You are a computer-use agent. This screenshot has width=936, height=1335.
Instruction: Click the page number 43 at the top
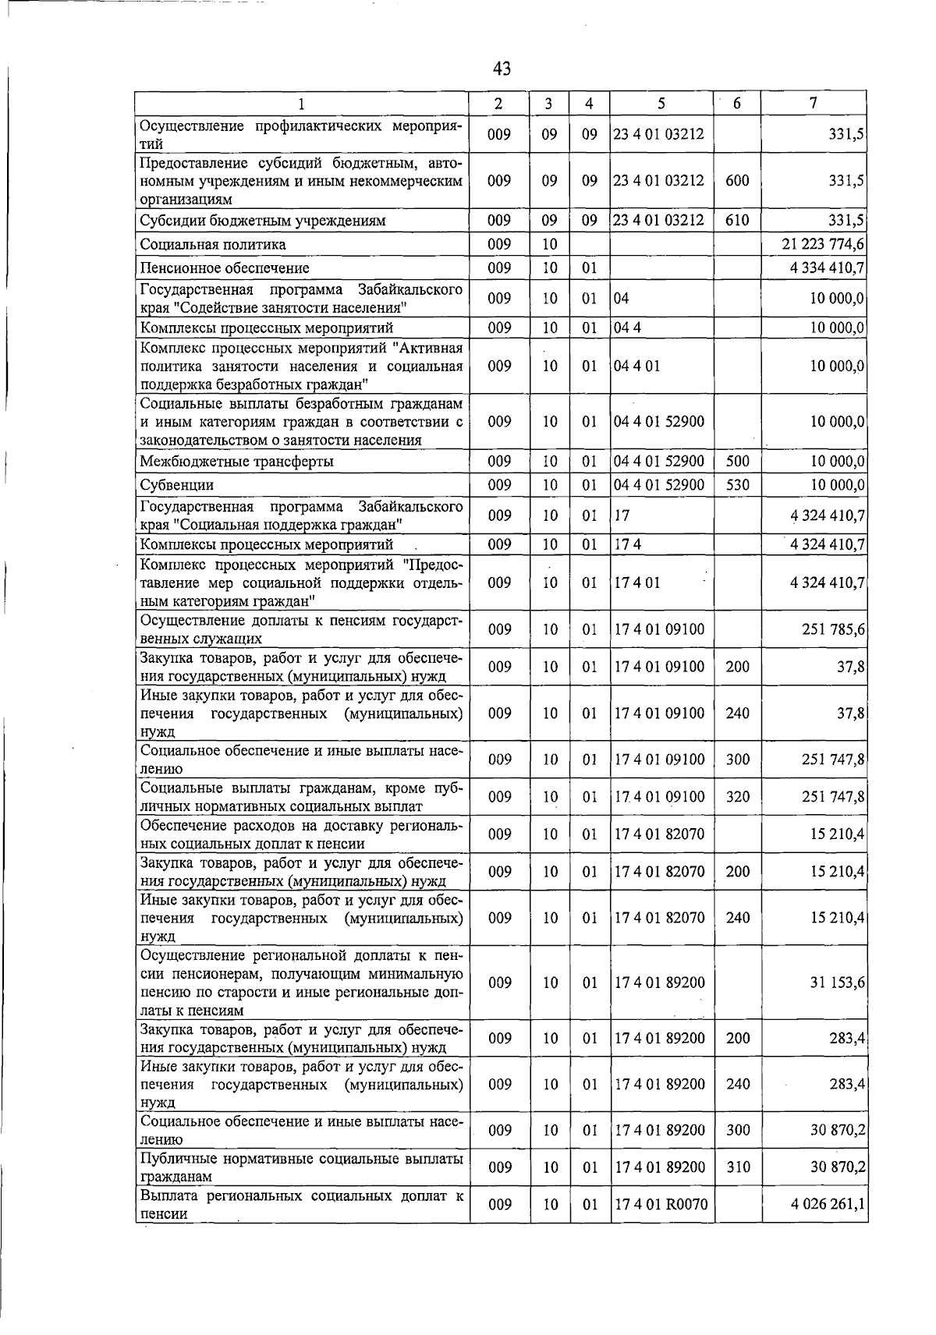[502, 69]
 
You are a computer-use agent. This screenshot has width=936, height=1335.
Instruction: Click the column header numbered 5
[661, 103]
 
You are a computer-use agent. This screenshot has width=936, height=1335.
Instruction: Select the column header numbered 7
[813, 103]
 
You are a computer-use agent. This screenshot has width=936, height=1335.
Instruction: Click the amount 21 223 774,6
[822, 244]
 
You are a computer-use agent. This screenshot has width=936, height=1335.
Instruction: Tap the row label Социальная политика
[213, 244]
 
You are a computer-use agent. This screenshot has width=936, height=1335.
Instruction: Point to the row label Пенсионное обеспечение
[225, 268]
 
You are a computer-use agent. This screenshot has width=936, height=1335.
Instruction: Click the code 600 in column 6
[737, 180]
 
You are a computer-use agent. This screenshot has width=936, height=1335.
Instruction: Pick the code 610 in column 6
[737, 220]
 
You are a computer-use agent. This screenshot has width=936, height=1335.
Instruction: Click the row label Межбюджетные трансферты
[237, 461]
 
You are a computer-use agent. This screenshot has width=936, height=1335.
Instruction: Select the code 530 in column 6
[737, 485]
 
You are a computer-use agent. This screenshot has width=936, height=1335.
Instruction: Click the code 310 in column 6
[737, 1167]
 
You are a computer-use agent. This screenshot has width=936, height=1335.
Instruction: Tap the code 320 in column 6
[737, 796]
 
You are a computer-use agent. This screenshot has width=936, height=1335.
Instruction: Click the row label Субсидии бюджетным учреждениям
[263, 220]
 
